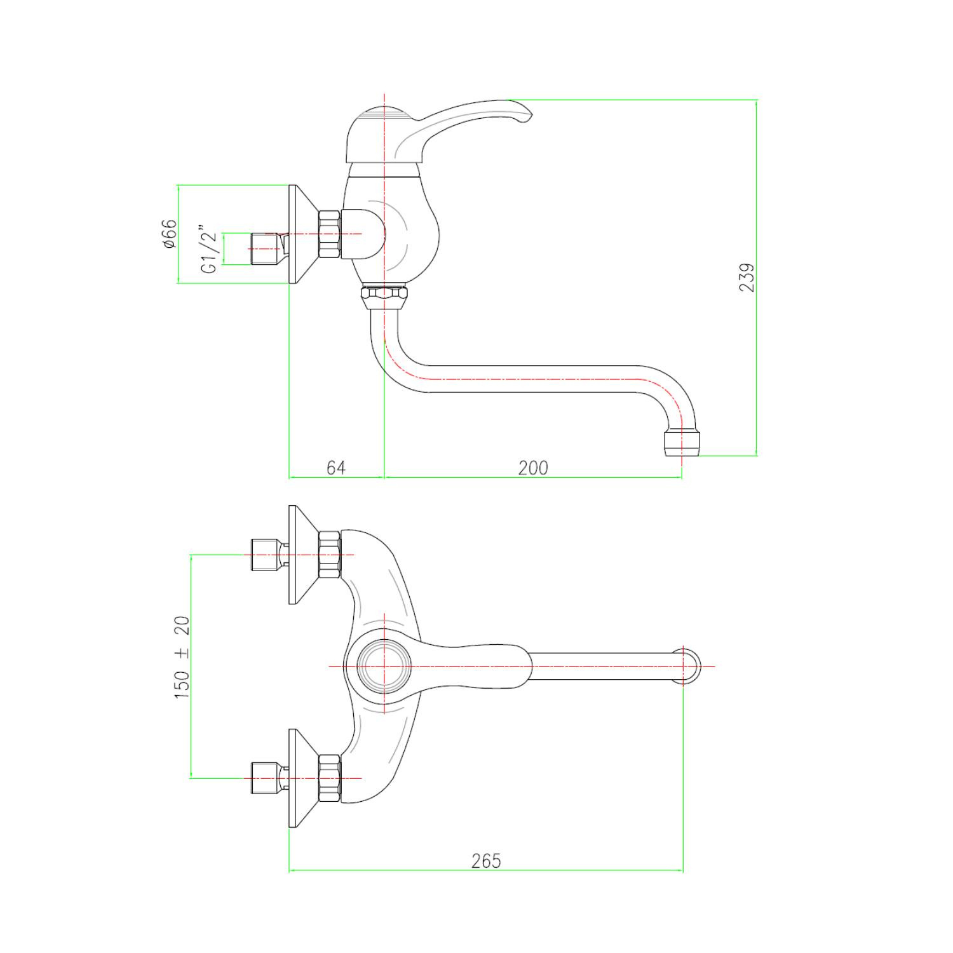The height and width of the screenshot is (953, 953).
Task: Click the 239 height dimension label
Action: [748, 278]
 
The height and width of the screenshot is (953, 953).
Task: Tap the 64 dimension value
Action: [336, 468]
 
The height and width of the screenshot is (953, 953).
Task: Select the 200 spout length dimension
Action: [532, 468]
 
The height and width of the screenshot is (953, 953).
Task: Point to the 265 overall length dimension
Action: [486, 861]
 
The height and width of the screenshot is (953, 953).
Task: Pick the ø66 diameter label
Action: [170, 234]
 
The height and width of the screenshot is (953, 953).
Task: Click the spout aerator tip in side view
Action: [680, 443]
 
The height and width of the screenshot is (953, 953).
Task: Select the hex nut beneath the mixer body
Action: [385, 295]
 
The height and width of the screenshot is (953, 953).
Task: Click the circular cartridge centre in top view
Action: [384, 666]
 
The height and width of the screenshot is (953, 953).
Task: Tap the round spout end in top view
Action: [685, 666]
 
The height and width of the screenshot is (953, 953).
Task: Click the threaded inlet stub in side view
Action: [266, 248]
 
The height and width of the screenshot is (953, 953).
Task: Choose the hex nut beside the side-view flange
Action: [330, 234]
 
